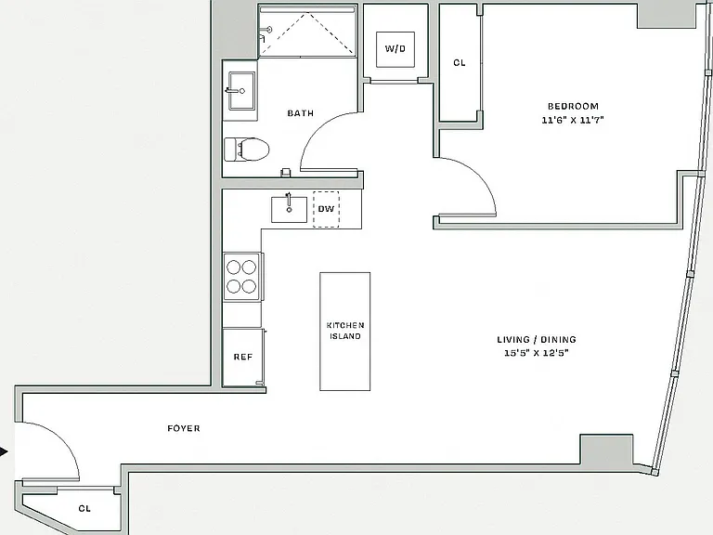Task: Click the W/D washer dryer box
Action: pos(395,49)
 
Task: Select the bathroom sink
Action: pos(241,90)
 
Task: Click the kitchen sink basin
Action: pos(289,209)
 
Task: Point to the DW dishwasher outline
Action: pos(326,209)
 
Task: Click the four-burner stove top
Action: pos(241,277)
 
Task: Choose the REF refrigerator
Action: pos(243,358)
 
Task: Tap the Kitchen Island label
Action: pos(345,331)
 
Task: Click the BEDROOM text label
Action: pos(573,106)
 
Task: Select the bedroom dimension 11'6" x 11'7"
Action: pos(573,120)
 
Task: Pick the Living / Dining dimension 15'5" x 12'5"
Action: pos(537,353)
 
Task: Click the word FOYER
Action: pos(184,428)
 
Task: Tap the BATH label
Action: pos(301,112)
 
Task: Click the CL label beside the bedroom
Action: pos(460,63)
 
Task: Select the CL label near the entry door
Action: pos(84,508)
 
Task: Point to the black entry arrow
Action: pos(4,451)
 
